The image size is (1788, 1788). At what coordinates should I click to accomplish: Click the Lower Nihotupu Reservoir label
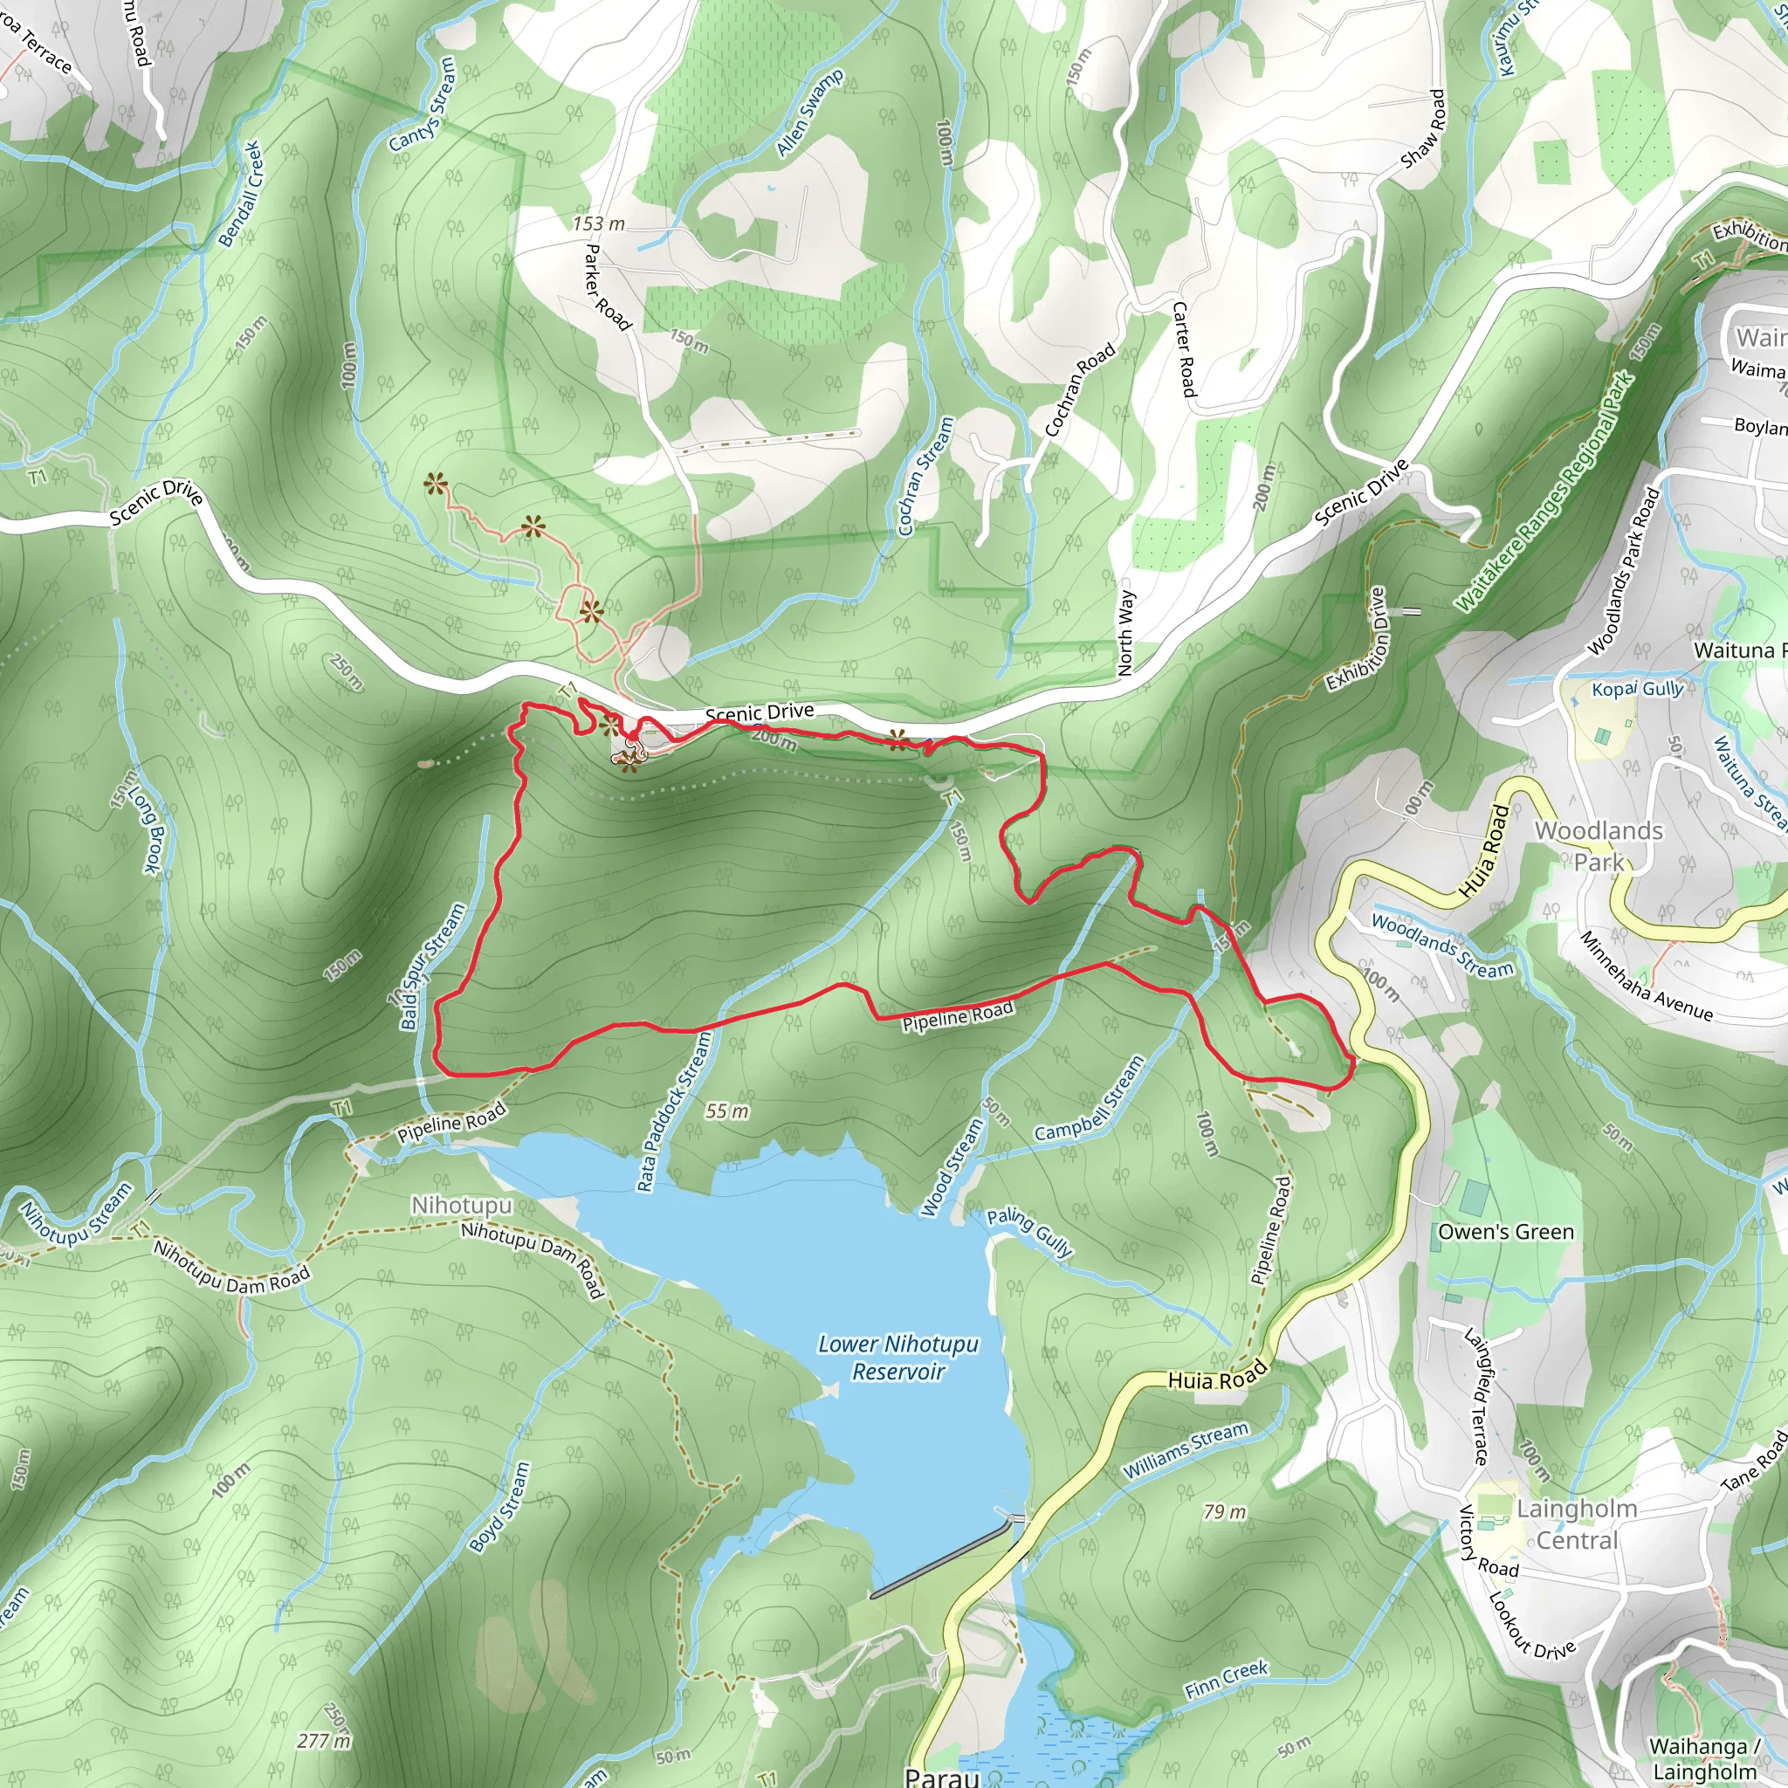tap(897, 1358)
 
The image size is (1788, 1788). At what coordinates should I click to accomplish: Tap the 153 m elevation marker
tap(598, 224)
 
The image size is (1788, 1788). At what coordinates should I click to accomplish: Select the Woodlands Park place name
tap(1599, 846)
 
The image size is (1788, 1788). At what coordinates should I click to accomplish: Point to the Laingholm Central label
tap(1577, 1524)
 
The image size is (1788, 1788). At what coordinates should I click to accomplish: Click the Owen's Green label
tap(1506, 1232)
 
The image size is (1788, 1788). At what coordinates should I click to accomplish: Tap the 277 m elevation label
tap(324, 1741)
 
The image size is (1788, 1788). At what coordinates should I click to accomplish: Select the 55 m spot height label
tap(726, 1111)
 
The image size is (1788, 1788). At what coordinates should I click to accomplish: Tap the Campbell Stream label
tap(1090, 1099)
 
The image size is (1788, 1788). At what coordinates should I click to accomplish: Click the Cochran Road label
tap(1080, 389)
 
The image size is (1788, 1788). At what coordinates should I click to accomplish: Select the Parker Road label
tap(607, 288)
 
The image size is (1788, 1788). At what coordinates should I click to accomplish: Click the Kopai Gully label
tap(1637, 689)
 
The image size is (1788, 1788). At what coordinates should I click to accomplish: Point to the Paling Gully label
tap(1029, 1233)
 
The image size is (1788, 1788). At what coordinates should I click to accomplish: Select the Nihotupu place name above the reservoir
tap(461, 1205)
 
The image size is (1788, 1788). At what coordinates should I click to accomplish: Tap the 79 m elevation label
tap(1224, 1511)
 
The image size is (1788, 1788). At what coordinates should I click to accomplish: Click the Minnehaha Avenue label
tap(1646, 977)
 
